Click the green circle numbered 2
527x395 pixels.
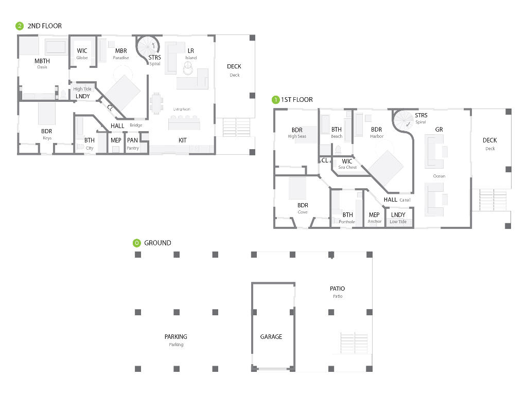[20, 26]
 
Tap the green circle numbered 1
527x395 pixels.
[276, 100]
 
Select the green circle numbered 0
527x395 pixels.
[136, 243]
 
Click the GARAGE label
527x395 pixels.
[271, 337]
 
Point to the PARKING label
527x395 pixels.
[175, 337]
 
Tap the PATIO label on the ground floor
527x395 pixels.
[337, 289]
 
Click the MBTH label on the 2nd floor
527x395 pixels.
[42, 61]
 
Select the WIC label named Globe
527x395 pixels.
[82, 51]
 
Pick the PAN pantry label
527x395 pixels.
[132, 140]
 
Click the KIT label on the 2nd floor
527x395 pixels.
[183, 140]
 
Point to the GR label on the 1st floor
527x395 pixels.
[439, 130]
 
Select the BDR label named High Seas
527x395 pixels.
[297, 130]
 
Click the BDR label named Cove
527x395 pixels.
[303, 206]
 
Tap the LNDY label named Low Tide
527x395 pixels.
[398, 215]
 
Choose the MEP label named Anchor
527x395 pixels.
[374, 215]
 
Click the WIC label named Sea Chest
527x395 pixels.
[347, 161]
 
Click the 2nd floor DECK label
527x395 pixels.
[234, 66]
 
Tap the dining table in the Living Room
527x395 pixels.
[156, 104]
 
